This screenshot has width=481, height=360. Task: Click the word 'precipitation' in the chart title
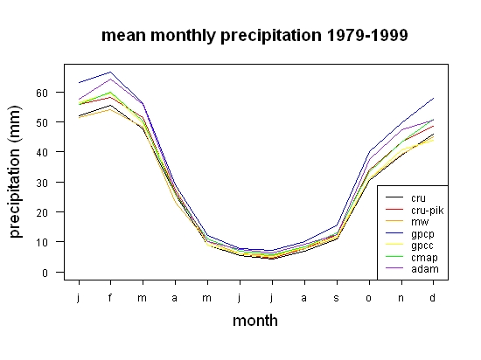(271, 36)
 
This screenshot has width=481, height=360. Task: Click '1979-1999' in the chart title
(367, 35)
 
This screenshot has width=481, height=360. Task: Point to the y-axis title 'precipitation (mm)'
(15, 171)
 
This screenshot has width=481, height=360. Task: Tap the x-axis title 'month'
(255, 321)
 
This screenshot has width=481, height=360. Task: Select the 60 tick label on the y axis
(42, 93)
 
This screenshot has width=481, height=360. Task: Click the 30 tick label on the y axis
(42, 183)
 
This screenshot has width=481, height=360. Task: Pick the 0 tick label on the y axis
(45, 273)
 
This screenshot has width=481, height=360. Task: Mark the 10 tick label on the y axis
(42, 243)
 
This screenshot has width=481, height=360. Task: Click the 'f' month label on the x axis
(110, 297)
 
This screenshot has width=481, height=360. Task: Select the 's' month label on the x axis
(337, 298)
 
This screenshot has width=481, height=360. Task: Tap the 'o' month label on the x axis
(369, 298)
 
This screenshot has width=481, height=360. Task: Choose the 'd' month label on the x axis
(432, 297)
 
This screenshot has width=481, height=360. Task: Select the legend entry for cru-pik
(415, 211)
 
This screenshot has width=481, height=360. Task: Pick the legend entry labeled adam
(412, 269)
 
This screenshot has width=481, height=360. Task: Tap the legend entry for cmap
(411, 258)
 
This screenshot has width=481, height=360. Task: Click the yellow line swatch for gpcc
(394, 245)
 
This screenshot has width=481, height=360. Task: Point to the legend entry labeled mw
(408, 222)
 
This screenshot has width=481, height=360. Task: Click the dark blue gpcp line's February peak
(110, 72)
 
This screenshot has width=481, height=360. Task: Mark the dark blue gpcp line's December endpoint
(434, 99)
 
